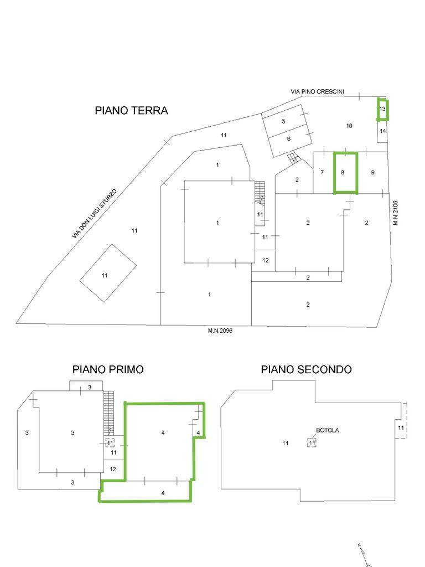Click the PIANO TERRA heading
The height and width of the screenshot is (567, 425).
pyautogui.click(x=131, y=110)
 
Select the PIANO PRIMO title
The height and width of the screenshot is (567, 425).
pyautogui.click(x=108, y=369)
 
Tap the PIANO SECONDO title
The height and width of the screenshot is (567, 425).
pyautogui.click(x=306, y=369)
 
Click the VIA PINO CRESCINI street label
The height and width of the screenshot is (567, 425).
pyautogui.click(x=317, y=91)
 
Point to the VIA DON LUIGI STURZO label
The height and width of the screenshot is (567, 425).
pyautogui.click(x=95, y=213)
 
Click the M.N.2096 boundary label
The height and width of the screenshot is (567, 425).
pyautogui.click(x=220, y=331)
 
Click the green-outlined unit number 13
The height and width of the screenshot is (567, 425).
pyautogui.click(x=383, y=109)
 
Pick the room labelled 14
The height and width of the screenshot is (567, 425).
pyautogui.click(x=383, y=131)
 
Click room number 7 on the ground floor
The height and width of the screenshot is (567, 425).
pyautogui.click(x=323, y=173)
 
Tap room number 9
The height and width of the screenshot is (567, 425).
pyautogui.click(x=372, y=173)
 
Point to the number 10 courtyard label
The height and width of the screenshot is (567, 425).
pyautogui.click(x=349, y=126)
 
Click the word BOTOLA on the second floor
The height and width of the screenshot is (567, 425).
pyautogui.click(x=328, y=430)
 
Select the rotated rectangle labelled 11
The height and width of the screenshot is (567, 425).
pyautogui.click(x=108, y=272)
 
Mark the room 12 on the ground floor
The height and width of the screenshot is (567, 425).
pyautogui.click(x=265, y=260)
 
